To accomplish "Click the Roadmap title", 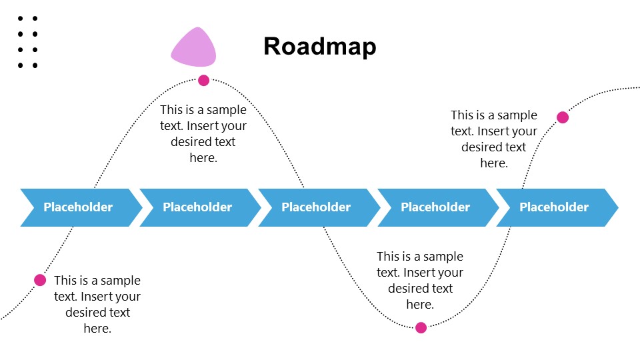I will click(x=319, y=47).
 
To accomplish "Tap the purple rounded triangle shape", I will click(x=194, y=49).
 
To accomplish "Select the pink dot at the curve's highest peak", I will click(x=203, y=81).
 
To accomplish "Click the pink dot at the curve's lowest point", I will click(x=421, y=327).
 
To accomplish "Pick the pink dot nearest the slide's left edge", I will click(x=40, y=280).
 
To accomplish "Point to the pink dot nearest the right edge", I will click(x=563, y=117).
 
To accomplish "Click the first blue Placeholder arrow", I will click(x=79, y=207).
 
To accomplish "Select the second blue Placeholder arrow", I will click(x=198, y=207).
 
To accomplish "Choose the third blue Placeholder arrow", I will click(x=317, y=207).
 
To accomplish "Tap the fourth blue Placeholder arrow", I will click(x=436, y=207).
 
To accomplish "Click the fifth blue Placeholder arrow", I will click(x=555, y=207).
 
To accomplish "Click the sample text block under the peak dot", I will click(x=203, y=134).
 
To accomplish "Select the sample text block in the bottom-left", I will click(x=97, y=305).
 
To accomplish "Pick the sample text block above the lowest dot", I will click(x=420, y=281).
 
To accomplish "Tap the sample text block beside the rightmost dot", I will click(x=494, y=139).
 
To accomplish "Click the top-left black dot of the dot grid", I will click(x=21, y=19).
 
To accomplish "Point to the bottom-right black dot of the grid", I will click(x=35, y=65).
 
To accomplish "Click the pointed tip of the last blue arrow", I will click(x=617, y=207).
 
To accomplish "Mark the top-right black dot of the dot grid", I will click(x=35, y=19).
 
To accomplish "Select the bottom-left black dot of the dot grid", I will click(x=21, y=65).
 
